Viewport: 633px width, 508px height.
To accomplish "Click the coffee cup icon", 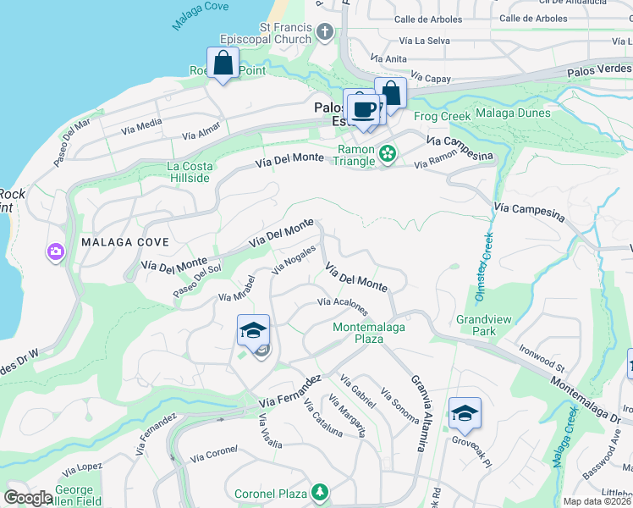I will pyautogui.click(x=364, y=110).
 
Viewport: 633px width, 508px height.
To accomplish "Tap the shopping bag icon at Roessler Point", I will pyautogui.click(x=223, y=63).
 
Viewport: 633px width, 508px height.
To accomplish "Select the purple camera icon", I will pyautogui.click(x=56, y=251).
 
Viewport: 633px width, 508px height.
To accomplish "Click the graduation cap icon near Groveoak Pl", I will pyautogui.click(x=465, y=414).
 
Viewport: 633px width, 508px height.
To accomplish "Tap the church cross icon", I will pyautogui.click(x=326, y=33).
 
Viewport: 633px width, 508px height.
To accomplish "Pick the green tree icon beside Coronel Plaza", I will pyautogui.click(x=319, y=492).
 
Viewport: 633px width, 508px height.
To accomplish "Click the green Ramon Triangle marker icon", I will pyautogui.click(x=388, y=153).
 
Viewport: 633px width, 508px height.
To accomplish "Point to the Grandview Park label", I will pyautogui.click(x=476, y=326).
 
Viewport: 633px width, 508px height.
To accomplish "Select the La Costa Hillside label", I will pyautogui.click(x=188, y=172).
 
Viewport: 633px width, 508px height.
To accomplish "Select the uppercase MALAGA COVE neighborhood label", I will pyautogui.click(x=125, y=242).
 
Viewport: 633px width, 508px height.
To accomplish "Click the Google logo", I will pyautogui.click(x=29, y=498).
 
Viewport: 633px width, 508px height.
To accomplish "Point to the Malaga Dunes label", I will pyautogui.click(x=513, y=113).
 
